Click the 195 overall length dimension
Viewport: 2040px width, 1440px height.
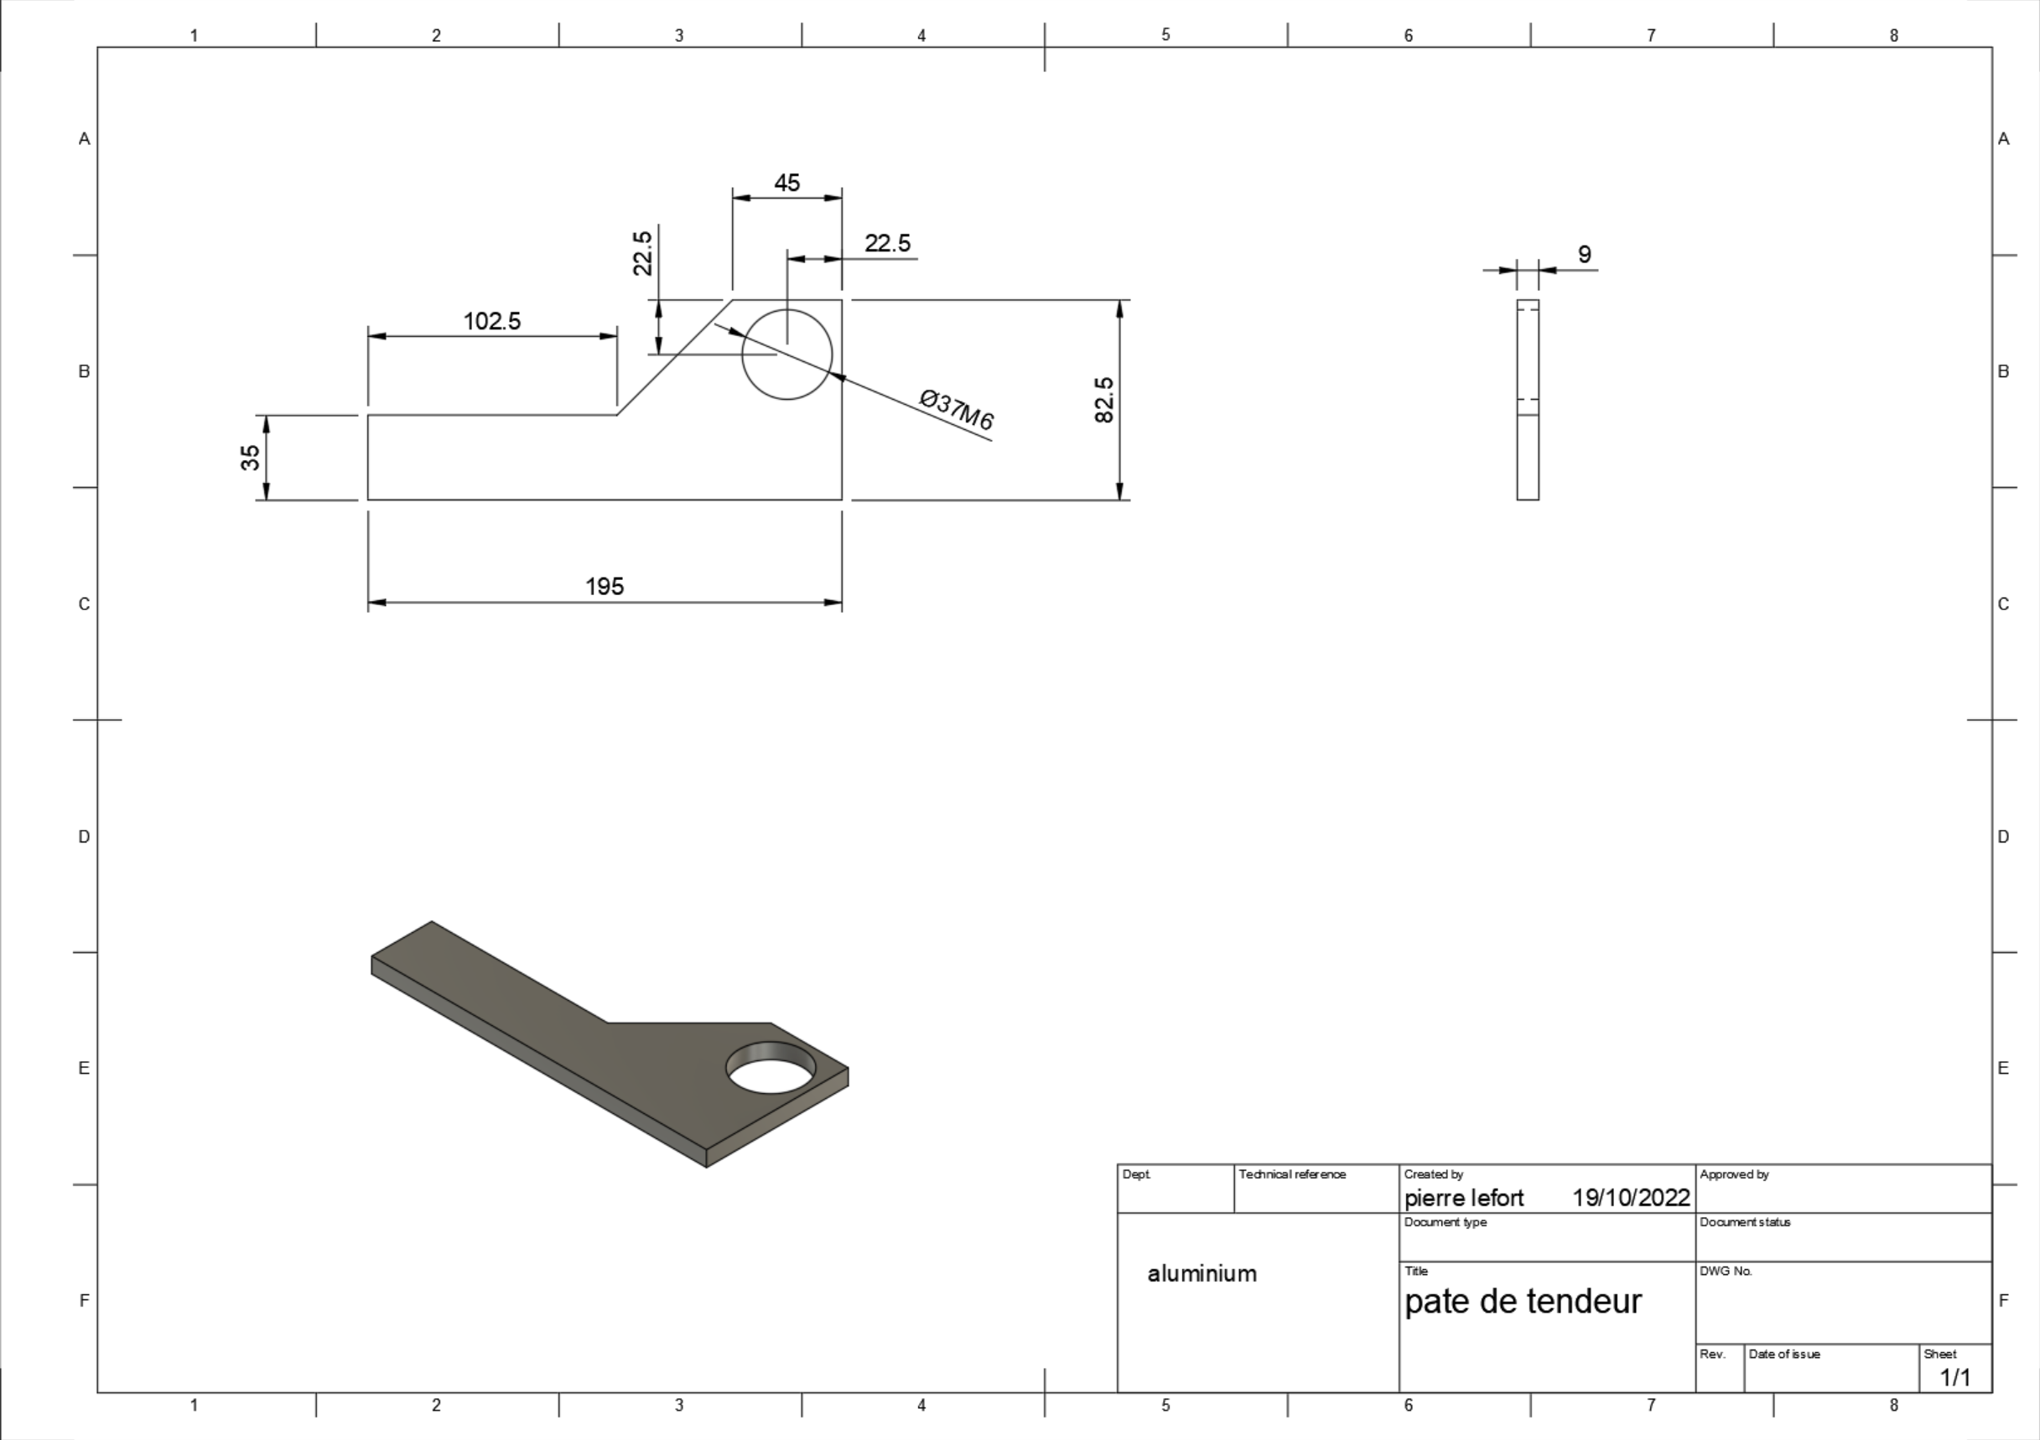tap(605, 586)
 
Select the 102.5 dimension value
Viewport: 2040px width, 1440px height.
tap(492, 322)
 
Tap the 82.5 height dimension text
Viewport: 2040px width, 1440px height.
tap(1104, 400)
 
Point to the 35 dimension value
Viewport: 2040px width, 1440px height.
tap(251, 458)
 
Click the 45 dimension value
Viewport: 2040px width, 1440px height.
tap(787, 183)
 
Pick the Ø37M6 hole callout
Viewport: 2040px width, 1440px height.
tap(957, 410)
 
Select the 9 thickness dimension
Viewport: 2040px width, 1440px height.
tap(1584, 255)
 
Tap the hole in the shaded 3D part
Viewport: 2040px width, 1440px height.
tap(771, 1067)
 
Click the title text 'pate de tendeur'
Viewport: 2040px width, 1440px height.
tap(1523, 1302)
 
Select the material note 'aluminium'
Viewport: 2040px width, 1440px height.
tap(1202, 1274)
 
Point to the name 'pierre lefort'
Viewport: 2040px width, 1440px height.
tap(1464, 1199)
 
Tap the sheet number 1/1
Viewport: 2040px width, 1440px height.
tap(1955, 1378)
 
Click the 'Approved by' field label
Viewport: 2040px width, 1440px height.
tap(1734, 1174)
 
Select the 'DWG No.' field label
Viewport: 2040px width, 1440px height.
tap(1726, 1272)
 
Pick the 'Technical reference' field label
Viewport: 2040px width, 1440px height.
tap(1293, 1174)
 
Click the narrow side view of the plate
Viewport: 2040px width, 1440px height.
tap(1529, 400)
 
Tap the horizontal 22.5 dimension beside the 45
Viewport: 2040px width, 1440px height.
tap(888, 243)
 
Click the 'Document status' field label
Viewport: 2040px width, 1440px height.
tap(1745, 1222)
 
